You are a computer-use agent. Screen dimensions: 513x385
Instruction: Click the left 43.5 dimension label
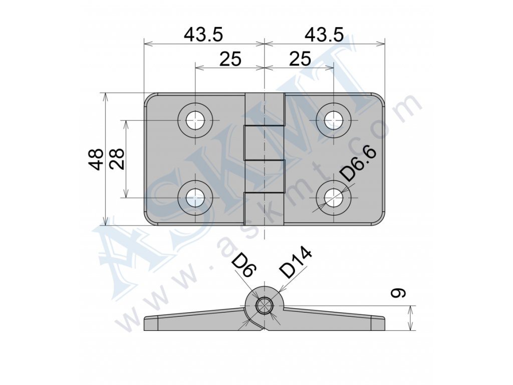(203, 35)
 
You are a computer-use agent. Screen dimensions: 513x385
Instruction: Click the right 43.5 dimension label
(324, 35)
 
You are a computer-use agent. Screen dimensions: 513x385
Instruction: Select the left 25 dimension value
(230, 59)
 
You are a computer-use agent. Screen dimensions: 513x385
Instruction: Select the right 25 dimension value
(300, 59)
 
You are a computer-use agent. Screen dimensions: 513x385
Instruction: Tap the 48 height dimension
(96, 159)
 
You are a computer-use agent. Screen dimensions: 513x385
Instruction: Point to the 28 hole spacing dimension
(117, 159)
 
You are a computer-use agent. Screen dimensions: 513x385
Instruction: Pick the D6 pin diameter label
(244, 265)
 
